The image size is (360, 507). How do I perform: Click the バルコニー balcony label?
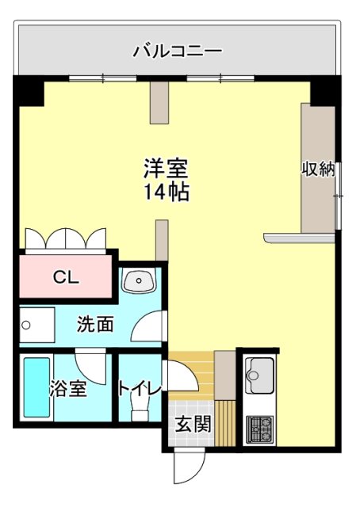(x=177, y=53)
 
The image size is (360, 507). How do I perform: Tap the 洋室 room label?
(x=166, y=169)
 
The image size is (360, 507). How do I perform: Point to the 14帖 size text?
(x=166, y=191)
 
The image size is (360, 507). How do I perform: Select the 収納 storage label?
(x=319, y=170)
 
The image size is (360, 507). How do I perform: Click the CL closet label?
(x=65, y=277)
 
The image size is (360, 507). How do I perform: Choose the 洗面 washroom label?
(x=94, y=323)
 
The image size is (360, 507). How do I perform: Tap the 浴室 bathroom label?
(x=67, y=389)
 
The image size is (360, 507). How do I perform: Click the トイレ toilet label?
(x=140, y=389)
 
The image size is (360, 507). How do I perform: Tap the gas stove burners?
(x=259, y=429)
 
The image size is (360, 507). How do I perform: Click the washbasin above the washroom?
(x=141, y=280)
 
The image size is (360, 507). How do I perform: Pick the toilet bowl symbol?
(x=140, y=411)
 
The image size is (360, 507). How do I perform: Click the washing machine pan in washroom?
(x=35, y=325)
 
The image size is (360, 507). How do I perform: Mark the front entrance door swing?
(x=189, y=467)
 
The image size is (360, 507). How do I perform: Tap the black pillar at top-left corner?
(x=29, y=91)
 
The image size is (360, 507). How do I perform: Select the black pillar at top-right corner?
(x=325, y=91)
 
